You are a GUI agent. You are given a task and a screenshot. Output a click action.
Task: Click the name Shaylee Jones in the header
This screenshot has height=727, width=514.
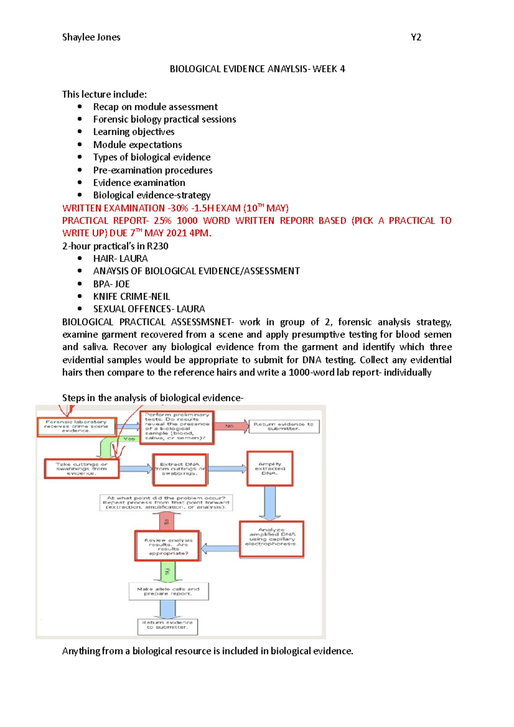click(x=91, y=37)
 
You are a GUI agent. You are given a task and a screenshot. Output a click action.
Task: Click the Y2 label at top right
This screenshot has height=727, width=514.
click(x=416, y=37)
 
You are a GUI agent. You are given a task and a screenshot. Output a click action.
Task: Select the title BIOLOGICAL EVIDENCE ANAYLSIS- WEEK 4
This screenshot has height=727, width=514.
click(x=257, y=69)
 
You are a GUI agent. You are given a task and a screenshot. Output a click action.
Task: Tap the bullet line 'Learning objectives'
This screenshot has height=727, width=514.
click(x=134, y=132)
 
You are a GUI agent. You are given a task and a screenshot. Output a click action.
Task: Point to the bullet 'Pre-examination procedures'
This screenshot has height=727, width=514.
click(x=152, y=170)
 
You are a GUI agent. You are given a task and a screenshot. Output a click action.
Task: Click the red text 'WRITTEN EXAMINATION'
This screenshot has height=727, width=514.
click(x=114, y=208)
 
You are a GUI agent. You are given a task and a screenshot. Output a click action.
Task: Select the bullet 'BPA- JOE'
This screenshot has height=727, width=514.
click(x=111, y=284)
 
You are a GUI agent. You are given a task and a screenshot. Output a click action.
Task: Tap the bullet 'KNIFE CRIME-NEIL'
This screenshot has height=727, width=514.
click(x=131, y=296)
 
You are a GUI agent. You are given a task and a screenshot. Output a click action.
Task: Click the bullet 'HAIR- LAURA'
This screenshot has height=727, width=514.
click(x=120, y=259)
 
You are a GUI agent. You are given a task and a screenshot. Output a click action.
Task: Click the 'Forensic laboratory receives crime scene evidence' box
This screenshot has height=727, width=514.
click(x=76, y=426)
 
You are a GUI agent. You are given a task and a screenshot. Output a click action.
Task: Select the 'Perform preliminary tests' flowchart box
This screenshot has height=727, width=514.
click(x=176, y=427)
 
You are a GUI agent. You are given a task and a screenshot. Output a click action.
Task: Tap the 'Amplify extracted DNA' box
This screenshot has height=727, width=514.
click(x=270, y=468)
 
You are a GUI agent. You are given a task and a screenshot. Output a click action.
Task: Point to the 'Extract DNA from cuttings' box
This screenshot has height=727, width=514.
click(x=180, y=469)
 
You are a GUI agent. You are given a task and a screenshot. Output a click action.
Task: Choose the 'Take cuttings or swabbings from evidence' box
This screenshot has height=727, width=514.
click(x=81, y=469)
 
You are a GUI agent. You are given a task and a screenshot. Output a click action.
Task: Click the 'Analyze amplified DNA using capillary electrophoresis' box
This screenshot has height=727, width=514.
click(x=271, y=539)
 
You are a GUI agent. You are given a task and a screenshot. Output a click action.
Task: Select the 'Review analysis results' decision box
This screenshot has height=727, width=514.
click(x=167, y=546)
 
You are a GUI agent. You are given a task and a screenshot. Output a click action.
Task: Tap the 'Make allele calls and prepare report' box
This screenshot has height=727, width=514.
click(x=168, y=591)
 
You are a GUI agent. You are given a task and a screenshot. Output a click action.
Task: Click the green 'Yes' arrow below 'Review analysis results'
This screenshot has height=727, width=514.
click(x=167, y=571)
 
